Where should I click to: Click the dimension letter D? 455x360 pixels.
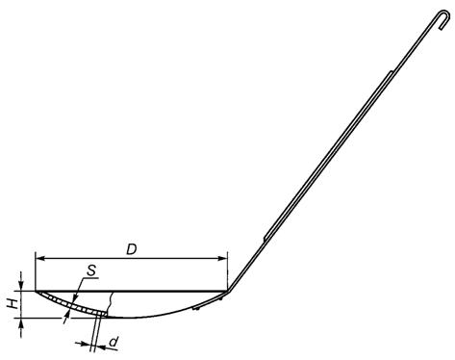point(132,249)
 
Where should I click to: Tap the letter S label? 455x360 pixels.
point(91,270)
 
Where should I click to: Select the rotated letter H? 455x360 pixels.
point(13,303)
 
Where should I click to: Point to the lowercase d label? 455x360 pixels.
point(114,342)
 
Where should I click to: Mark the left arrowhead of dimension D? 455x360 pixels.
point(39,258)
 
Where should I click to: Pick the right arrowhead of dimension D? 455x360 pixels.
point(222,258)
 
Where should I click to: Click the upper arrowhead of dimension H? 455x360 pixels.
point(21,286)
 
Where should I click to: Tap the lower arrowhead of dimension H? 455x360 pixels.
point(21,323)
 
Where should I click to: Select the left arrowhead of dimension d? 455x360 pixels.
point(86,344)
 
